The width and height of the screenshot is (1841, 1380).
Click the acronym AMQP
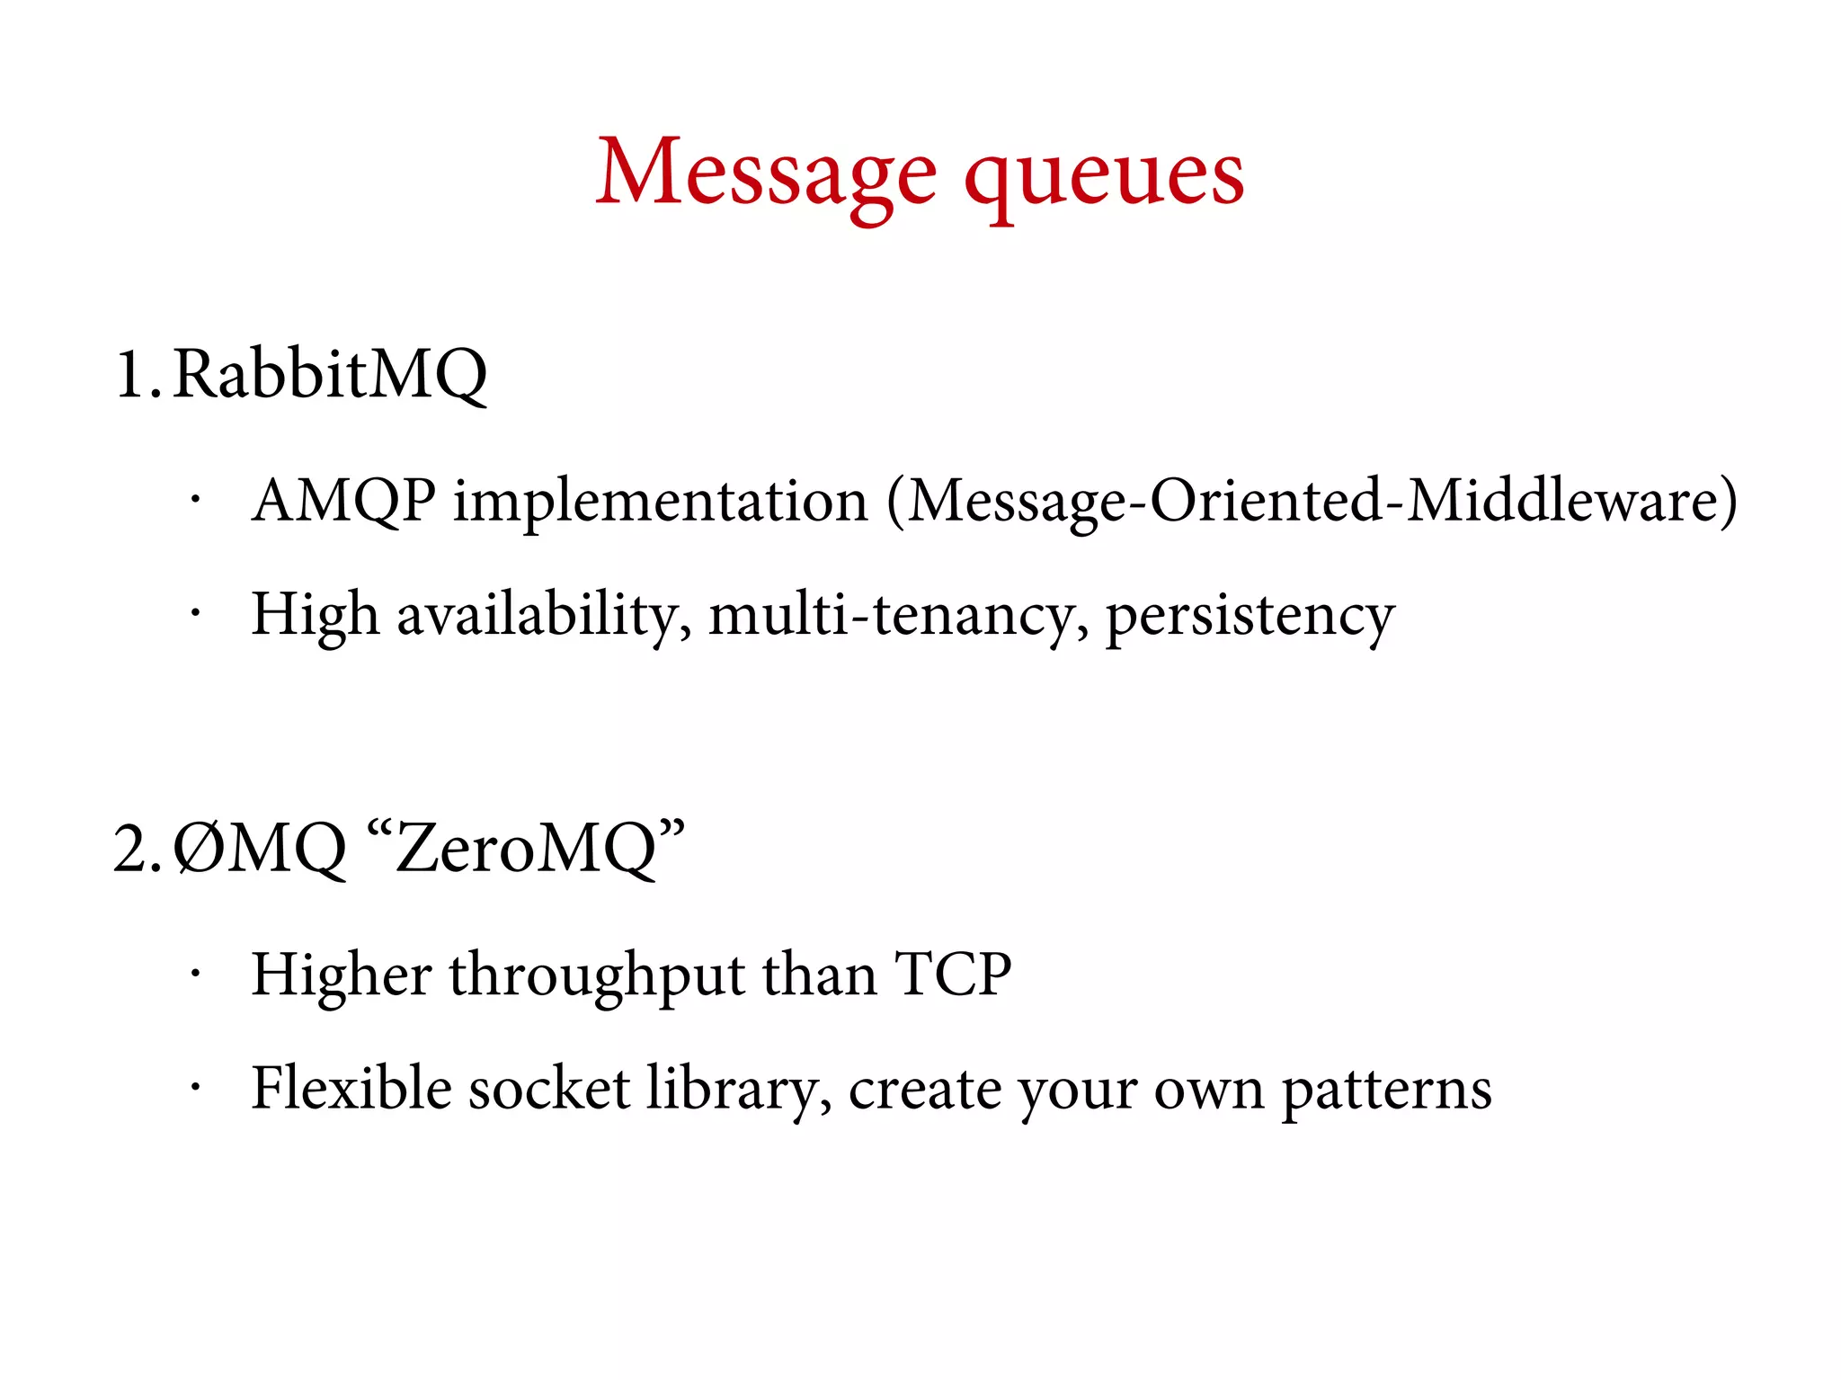(x=344, y=500)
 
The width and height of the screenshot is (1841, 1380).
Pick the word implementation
(x=661, y=502)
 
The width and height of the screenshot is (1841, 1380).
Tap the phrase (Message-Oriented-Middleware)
(x=1312, y=502)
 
